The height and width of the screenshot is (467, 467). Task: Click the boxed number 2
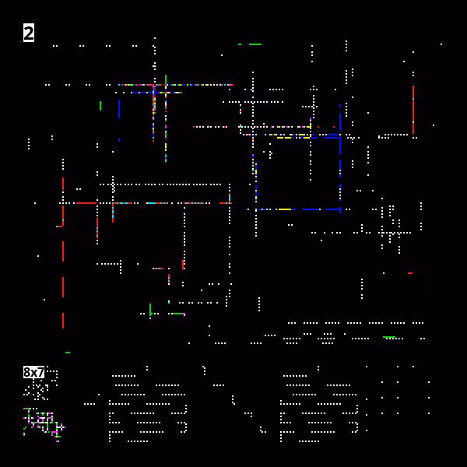[29, 33]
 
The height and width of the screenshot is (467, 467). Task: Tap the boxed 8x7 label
[33, 372]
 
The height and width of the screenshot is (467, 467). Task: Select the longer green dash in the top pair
[255, 44]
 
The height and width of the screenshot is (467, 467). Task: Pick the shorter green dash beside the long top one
[240, 44]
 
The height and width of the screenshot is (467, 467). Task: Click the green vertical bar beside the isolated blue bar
[100, 106]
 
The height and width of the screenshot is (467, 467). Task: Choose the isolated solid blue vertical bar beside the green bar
[119, 109]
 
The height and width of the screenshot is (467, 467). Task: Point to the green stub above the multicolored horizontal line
[166, 79]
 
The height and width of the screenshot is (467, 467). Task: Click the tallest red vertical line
[413, 110]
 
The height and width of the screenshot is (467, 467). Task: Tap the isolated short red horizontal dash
[410, 273]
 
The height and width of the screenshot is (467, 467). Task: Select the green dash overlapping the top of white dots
[389, 337]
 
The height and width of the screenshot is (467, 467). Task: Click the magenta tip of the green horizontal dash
[184, 314]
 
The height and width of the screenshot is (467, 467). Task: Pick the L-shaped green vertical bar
[150, 310]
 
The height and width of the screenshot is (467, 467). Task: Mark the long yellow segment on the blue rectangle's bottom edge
[285, 209]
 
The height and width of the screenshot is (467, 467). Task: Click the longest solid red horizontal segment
[86, 203]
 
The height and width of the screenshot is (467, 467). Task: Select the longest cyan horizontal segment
[151, 203]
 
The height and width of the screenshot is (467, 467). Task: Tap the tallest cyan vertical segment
[230, 198]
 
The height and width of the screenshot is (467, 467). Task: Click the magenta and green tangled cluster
[44, 424]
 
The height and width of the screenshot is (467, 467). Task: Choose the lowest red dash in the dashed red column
[63, 321]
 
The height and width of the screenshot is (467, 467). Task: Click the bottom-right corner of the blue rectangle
[340, 209]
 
